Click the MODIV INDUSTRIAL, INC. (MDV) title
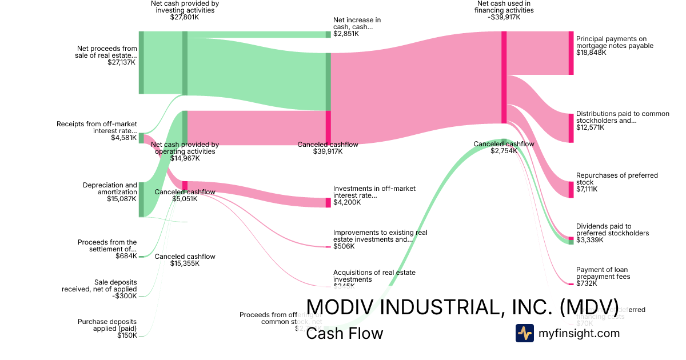coord(462,307)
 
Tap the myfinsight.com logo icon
coord(524,333)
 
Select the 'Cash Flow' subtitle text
coord(344,333)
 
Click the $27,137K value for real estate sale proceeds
coord(122,62)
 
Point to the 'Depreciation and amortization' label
coord(110,189)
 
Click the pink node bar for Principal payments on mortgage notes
coord(571,53)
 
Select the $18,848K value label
coord(591,53)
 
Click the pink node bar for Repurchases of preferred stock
coord(571,189)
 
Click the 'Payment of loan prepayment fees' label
coord(603,273)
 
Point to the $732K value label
coord(587,283)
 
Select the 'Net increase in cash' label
coord(357,23)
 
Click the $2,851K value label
coord(346,34)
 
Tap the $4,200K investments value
coord(347,202)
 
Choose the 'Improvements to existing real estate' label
coord(380,236)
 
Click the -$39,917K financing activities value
coord(504,17)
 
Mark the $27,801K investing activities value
coord(185,17)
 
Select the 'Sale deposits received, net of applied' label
coord(99,286)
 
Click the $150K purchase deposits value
coord(127,335)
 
